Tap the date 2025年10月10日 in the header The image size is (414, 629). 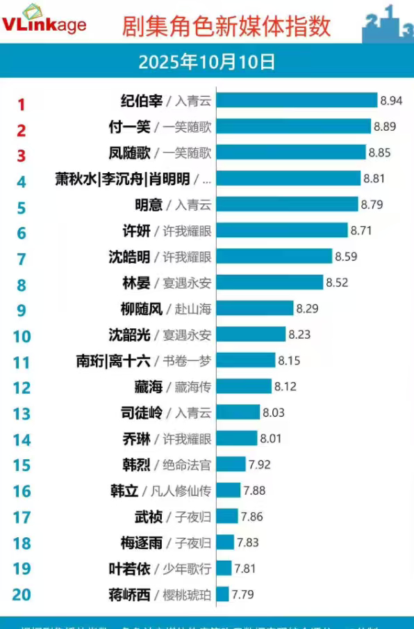(206, 62)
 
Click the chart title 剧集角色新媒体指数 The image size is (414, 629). (226, 26)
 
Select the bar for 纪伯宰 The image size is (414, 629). (297, 101)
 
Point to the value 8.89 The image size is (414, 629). (385, 127)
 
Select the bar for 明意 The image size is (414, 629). (288, 205)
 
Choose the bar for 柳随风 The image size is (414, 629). (255, 308)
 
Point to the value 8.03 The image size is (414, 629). (274, 413)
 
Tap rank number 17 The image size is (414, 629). (22, 518)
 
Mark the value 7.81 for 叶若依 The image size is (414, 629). (245, 568)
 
